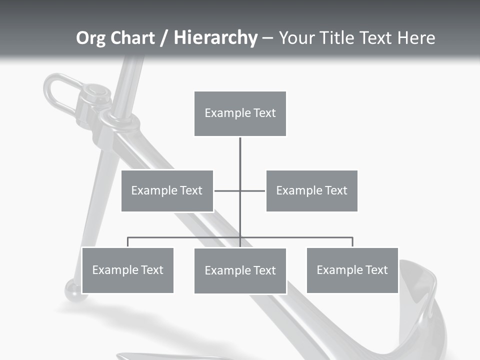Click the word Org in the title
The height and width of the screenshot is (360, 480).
coord(91,38)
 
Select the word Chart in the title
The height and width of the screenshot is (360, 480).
coord(131,38)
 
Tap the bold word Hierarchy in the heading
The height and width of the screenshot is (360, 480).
coord(215,38)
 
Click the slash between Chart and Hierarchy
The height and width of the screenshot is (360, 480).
coord(164,38)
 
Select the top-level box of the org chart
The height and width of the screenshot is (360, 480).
coord(240,113)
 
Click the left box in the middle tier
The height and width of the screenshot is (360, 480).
coord(167,190)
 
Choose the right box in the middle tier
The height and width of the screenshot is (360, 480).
coord(312,190)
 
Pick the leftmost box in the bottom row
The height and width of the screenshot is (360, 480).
coord(127,270)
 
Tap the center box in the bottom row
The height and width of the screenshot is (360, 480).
coord(240,270)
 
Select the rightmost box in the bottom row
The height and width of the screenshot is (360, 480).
coord(352,270)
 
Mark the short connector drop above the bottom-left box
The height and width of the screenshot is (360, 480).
coord(127,242)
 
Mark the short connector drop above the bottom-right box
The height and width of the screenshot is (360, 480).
coord(352,242)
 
